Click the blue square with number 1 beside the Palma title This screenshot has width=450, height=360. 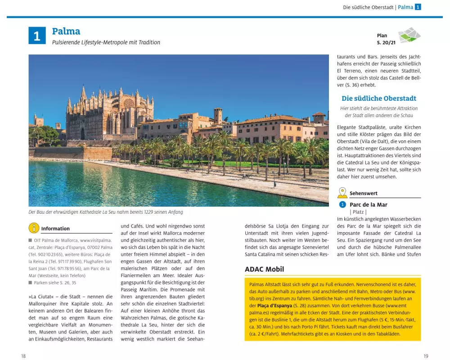point(37,36)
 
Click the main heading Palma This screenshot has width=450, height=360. point(66,31)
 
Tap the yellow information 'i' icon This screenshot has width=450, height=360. point(34,228)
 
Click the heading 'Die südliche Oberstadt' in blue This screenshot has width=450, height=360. point(379,98)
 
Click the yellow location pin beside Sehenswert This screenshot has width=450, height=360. point(342,193)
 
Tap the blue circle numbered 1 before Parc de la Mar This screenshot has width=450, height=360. point(342,204)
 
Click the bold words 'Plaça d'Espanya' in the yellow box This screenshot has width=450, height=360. point(269,305)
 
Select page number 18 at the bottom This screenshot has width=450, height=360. point(23,356)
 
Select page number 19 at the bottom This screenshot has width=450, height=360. point(426,356)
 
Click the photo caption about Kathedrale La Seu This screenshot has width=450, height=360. point(106,212)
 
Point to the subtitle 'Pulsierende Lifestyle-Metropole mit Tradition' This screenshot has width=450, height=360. point(106,42)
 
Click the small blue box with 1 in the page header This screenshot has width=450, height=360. point(418,7)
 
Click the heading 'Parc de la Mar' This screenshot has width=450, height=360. point(368,204)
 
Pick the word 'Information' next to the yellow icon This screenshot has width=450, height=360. point(55,229)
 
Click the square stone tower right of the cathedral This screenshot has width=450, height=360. point(218,115)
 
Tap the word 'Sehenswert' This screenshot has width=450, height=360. point(363,193)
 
